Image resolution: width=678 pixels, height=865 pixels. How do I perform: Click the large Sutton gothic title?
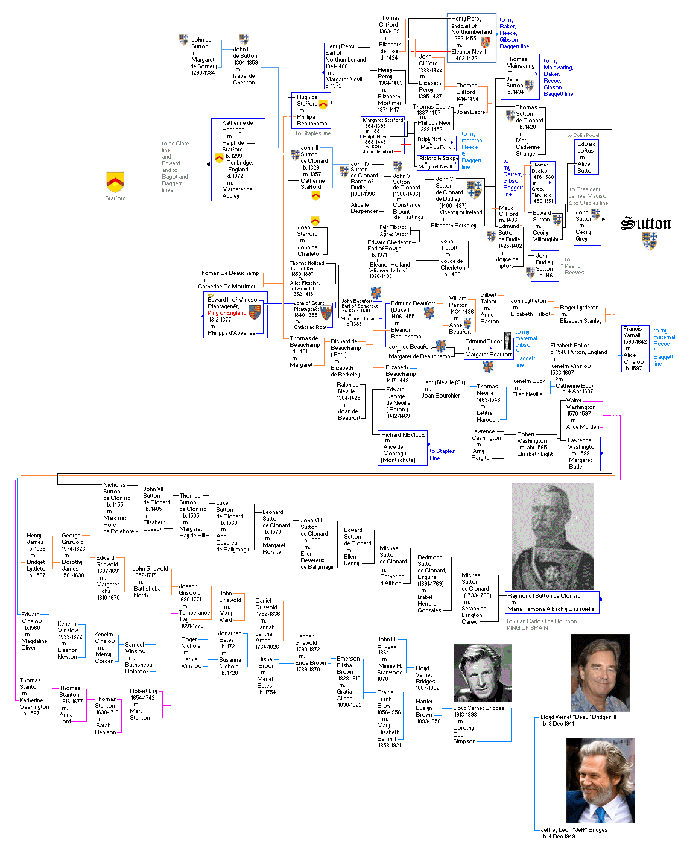pyautogui.click(x=646, y=224)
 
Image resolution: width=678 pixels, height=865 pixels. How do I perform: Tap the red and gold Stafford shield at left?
pyautogui.click(x=115, y=181)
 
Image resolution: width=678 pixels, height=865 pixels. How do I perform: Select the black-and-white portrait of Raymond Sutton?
pyautogui.click(x=553, y=536)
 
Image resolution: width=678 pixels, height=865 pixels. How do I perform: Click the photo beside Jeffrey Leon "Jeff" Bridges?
pyautogui.click(x=600, y=781)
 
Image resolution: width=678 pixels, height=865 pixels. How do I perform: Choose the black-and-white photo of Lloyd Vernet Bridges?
pyautogui.click(x=483, y=672)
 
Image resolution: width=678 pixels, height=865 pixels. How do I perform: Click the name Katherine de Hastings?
pyautogui.click(x=237, y=126)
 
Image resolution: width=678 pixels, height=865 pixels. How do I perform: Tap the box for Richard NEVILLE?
pyautogui.click(x=403, y=434)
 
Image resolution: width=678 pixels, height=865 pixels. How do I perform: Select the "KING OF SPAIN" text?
pyautogui.click(x=527, y=628)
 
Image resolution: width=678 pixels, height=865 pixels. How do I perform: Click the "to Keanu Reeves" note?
pyautogui.click(x=573, y=266)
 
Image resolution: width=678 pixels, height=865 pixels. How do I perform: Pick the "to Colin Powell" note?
pyautogui.click(x=583, y=135)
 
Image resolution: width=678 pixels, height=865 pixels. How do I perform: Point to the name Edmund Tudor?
pyautogui.click(x=484, y=341)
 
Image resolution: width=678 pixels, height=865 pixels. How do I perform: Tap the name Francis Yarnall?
pyautogui.click(x=635, y=332)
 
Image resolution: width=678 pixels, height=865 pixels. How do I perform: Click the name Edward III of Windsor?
pyautogui.click(x=233, y=300)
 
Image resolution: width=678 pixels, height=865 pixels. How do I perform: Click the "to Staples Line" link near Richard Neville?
pyautogui.click(x=442, y=455)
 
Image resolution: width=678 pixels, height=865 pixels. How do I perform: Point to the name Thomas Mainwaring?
pyautogui.click(x=520, y=62)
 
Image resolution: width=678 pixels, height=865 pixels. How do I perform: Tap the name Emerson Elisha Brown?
pyautogui.click(x=348, y=665)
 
